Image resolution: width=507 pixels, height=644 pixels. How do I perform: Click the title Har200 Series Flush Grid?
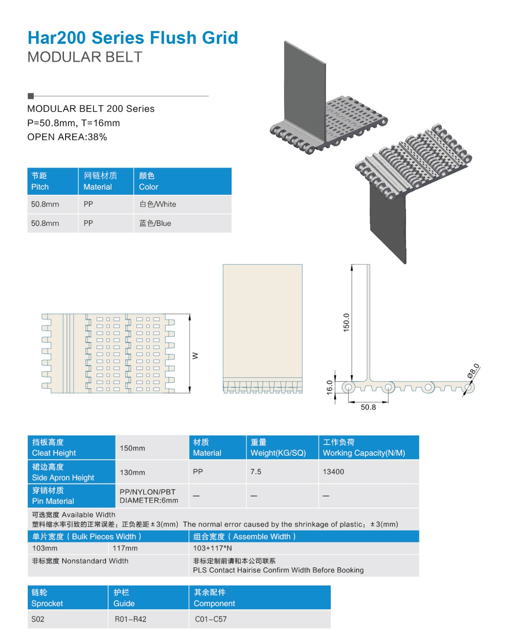[133, 38]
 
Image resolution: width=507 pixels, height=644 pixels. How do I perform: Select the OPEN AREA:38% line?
[67, 137]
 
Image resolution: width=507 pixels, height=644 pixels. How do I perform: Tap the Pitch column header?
[40, 187]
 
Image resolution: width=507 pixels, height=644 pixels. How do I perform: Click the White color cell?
[158, 204]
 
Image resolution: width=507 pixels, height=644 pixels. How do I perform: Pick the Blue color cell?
[155, 223]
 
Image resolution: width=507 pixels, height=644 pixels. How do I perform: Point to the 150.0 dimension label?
[346, 322]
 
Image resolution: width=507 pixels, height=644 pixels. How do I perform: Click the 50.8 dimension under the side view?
[368, 407]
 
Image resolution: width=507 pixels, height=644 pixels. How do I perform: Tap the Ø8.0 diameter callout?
[473, 371]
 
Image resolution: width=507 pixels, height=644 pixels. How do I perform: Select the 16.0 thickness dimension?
[330, 387]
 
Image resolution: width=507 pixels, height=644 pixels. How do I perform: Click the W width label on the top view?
[196, 356]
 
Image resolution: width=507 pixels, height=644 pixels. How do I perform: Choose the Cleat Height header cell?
[54, 453]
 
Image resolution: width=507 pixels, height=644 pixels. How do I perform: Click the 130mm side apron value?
[132, 473]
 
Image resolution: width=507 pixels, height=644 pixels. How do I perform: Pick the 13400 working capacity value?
[333, 472]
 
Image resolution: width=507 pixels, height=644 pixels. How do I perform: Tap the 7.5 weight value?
[256, 472]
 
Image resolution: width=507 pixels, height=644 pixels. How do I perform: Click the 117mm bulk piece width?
[125, 548]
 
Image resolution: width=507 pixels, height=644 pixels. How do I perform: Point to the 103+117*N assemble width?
[212, 548]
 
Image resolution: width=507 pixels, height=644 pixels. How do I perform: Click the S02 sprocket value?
[38, 619]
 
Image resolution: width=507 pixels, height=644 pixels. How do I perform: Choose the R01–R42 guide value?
[130, 619]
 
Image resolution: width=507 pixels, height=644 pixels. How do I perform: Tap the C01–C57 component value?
[211, 619]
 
